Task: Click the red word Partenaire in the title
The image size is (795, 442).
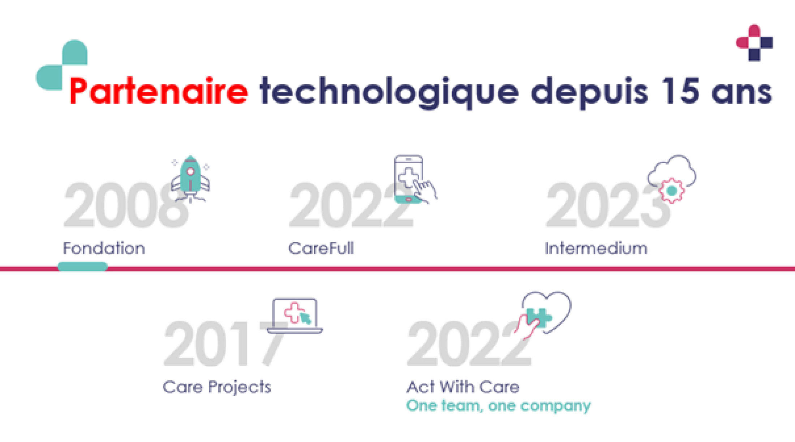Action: point(159,91)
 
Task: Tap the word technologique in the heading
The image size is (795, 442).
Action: point(390,93)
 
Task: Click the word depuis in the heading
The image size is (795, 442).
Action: point(589,93)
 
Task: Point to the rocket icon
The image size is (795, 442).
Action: point(190,179)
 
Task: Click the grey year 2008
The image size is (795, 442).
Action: point(126,205)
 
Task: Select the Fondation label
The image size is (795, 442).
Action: point(104,248)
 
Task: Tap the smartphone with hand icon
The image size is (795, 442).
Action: point(415,179)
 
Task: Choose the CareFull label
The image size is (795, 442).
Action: point(321,248)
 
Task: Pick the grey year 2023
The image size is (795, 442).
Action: point(608,205)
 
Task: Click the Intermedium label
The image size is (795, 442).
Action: point(596,248)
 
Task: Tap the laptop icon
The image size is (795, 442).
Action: point(295,316)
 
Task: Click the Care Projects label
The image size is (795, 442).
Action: point(217,387)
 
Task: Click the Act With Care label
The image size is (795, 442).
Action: point(463,387)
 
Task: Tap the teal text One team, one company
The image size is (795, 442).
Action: point(499,406)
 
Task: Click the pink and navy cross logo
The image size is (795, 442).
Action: point(755,43)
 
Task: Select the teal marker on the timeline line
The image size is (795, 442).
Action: point(83,267)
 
